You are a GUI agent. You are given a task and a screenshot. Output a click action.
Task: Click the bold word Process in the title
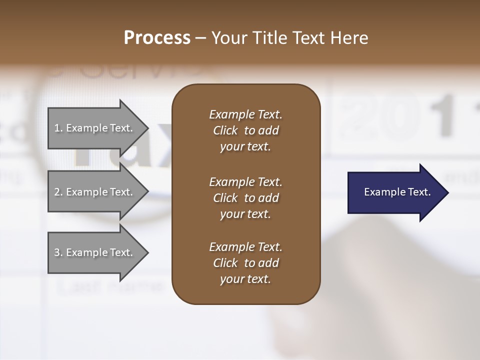coord(157,38)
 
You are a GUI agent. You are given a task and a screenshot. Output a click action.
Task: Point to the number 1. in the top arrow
coord(58,128)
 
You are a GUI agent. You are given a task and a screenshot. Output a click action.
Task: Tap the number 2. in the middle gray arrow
coord(58,192)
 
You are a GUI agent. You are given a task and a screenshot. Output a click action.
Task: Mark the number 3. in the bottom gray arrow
coord(58,252)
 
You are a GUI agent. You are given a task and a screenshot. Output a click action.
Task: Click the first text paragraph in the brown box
coord(245,130)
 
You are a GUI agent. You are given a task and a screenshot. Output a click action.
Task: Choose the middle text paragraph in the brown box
coord(245,197)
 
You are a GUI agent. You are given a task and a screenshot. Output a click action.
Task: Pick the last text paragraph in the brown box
coord(245,263)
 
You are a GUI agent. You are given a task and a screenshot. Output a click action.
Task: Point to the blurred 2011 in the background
coord(400,120)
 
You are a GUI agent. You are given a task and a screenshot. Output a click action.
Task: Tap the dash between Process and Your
coord(200,38)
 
